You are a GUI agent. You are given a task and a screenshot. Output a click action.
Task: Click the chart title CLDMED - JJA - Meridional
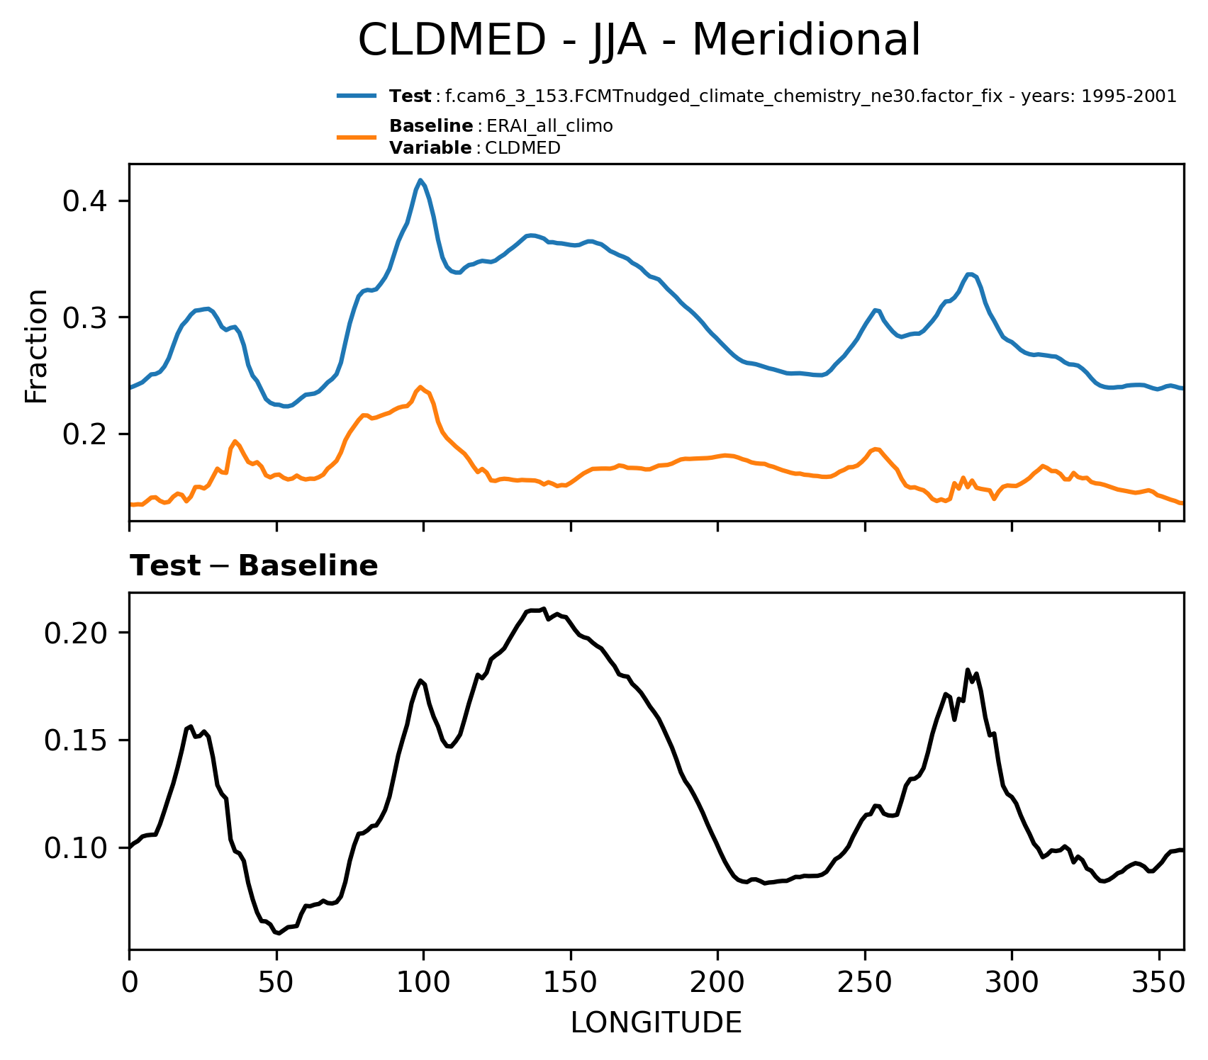(639, 40)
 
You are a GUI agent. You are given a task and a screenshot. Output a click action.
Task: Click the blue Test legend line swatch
(357, 96)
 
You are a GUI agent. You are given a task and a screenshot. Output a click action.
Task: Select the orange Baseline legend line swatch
(357, 137)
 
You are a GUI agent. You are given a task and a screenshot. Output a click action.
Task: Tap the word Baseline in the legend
(431, 126)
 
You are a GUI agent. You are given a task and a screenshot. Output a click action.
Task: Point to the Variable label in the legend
(430, 148)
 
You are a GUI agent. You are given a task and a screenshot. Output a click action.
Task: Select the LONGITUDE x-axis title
(656, 1022)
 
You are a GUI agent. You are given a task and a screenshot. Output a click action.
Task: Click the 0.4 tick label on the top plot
(85, 202)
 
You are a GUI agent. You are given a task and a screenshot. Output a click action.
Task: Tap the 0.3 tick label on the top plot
(85, 317)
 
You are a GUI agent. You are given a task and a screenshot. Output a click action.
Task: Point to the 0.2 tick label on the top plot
(85, 434)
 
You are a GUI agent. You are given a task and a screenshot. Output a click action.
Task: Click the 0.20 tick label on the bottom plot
(76, 632)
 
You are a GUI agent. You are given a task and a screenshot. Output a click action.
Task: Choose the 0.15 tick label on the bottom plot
(76, 740)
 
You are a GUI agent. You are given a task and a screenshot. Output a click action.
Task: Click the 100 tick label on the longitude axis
(423, 983)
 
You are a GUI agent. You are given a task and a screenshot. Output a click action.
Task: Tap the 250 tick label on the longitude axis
(864, 983)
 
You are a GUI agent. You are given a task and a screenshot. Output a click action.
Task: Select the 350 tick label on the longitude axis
(1158, 983)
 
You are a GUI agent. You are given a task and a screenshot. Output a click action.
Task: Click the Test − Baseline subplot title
(254, 566)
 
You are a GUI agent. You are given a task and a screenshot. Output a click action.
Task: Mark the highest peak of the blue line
(420, 180)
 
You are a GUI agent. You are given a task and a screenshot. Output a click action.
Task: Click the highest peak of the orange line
(421, 387)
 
